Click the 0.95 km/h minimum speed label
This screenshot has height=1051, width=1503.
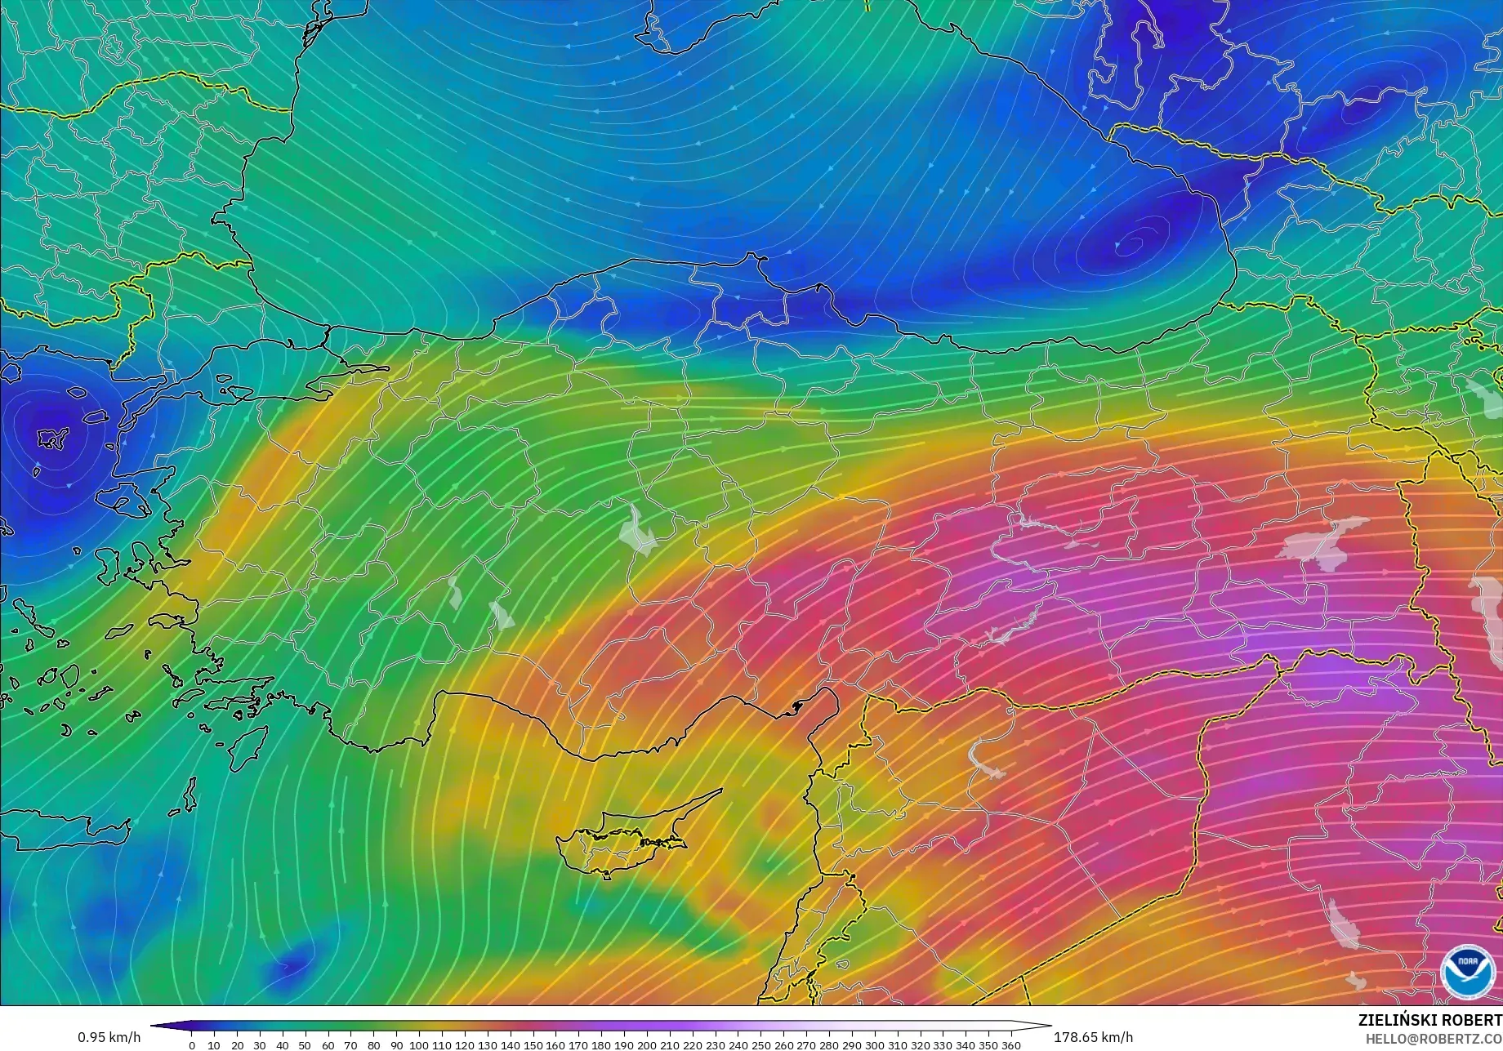coord(109,1037)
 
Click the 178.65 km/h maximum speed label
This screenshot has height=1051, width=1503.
coord(1093,1037)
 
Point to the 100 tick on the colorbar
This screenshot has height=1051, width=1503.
coord(419,1044)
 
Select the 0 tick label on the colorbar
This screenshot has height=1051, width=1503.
coord(192,1044)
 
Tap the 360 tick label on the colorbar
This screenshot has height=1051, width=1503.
coord(1010,1044)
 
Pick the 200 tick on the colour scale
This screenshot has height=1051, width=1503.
coord(646,1044)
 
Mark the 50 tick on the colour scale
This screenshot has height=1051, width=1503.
coord(306,1044)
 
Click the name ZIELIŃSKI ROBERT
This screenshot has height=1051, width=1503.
coord(1429,1020)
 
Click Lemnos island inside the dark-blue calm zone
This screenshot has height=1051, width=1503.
coord(54,439)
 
